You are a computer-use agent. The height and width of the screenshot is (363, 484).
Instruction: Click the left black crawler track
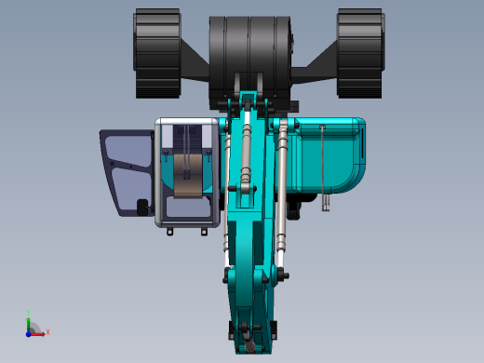[x=156, y=53]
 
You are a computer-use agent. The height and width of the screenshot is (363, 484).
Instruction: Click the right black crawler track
[x=359, y=53]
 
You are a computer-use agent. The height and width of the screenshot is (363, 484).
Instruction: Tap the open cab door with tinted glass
[x=128, y=168]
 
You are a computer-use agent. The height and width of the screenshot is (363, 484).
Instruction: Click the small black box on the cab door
[x=142, y=207]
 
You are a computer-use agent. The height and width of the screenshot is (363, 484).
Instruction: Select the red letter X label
[x=47, y=331]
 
